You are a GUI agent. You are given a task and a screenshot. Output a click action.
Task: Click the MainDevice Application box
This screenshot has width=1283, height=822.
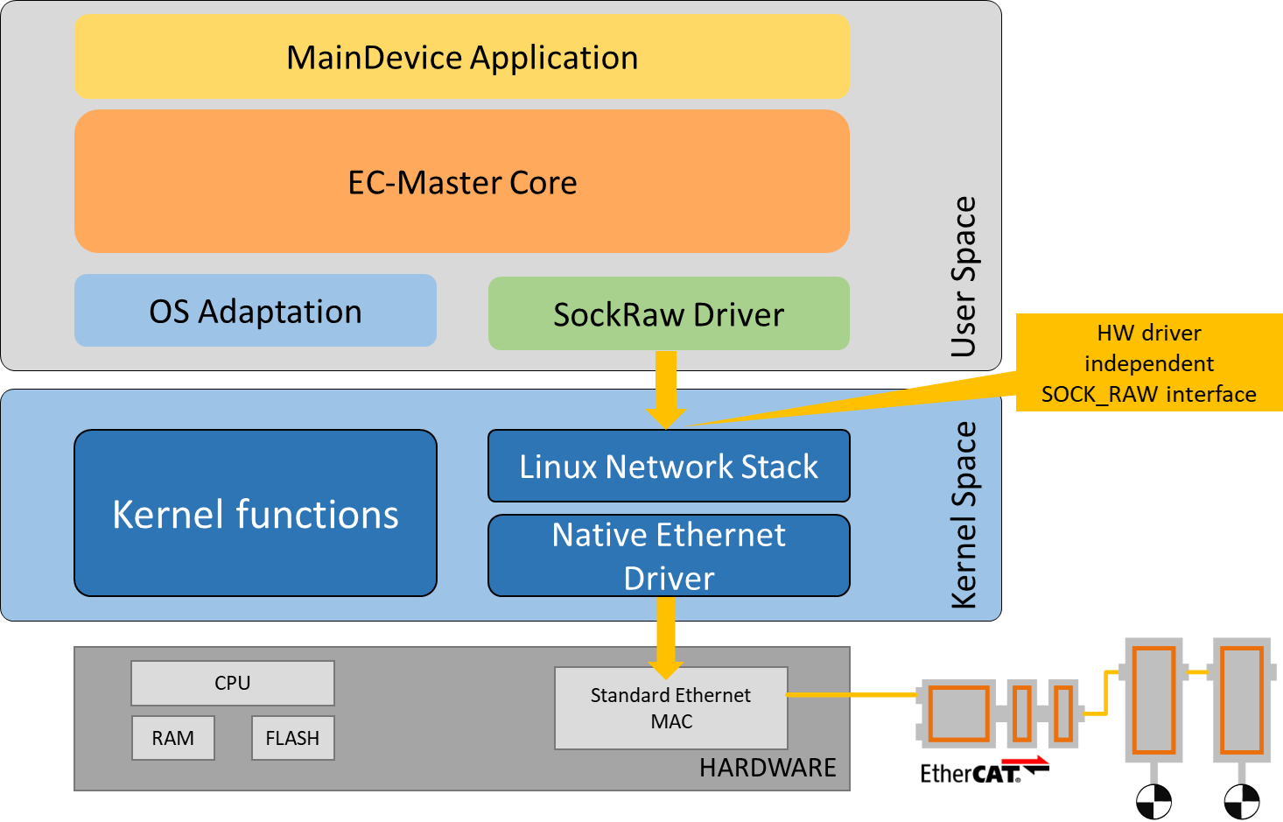461,57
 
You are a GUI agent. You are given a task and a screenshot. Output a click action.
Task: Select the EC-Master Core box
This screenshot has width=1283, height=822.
461,181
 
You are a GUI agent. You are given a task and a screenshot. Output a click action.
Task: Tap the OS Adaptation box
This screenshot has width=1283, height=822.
256,311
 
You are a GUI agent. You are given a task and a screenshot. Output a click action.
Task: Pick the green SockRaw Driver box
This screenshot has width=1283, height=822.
669,313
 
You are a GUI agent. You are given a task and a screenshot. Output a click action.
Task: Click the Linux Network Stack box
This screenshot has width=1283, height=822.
669,466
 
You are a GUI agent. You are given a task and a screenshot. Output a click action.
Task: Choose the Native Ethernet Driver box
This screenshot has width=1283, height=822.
669,556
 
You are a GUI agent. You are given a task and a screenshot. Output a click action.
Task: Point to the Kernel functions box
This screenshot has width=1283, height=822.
256,513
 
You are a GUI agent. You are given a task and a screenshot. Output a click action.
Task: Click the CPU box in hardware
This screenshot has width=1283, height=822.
233,683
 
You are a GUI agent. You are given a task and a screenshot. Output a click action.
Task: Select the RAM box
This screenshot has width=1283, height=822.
173,738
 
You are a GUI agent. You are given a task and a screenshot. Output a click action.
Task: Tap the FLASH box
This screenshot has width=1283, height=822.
292,738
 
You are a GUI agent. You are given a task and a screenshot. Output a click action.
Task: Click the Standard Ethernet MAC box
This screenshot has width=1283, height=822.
670,708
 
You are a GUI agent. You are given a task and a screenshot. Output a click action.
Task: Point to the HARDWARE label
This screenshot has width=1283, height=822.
768,768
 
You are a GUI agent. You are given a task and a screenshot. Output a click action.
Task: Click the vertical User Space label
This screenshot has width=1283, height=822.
964,277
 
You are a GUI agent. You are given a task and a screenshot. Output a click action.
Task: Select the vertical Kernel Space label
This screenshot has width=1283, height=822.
964,515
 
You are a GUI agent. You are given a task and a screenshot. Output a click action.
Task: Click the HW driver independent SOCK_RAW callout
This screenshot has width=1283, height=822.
1149,362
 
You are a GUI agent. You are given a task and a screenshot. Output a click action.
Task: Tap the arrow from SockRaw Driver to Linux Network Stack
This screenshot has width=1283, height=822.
666,390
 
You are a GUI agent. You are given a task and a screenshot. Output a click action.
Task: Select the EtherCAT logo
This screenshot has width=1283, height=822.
985,769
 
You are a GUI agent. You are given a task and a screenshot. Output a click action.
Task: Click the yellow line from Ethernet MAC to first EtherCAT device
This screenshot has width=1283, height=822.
852,695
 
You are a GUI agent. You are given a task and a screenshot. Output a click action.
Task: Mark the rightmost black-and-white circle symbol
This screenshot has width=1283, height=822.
1241,802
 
